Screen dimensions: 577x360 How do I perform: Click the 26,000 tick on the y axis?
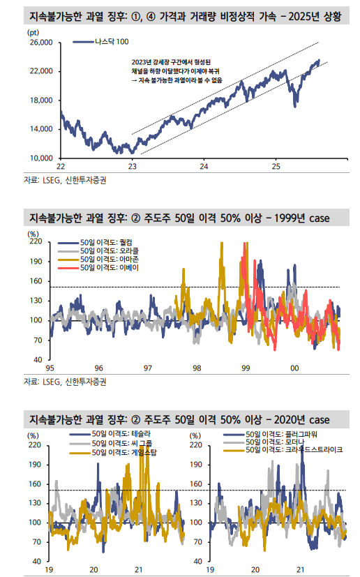pos(41,43)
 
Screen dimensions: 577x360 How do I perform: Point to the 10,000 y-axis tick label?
pos(41,158)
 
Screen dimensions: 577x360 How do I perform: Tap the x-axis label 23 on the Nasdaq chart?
pos(133,166)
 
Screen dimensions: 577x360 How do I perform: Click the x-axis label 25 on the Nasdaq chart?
pos(276,166)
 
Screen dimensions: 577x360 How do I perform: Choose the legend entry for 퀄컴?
pos(116,241)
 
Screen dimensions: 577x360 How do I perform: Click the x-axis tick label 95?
pos(50,368)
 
